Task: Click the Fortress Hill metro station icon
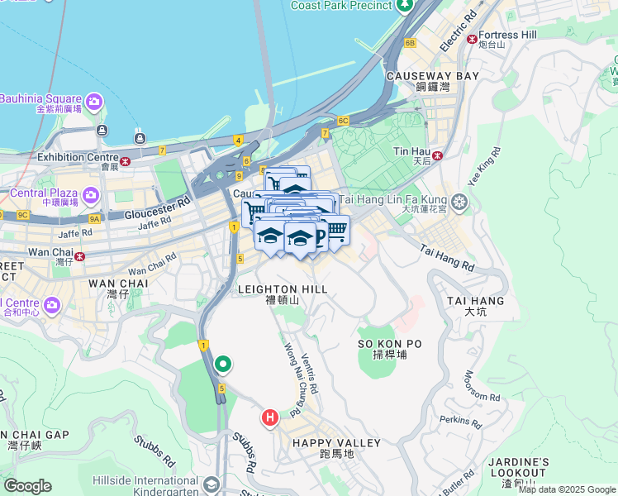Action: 472,38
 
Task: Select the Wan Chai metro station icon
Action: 79,255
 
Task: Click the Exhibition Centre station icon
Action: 126,161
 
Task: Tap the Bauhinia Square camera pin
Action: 93,102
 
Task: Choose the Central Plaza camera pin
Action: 90,196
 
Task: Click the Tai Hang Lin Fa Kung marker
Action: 459,201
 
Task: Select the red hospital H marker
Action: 269,418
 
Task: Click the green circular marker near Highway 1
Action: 223,364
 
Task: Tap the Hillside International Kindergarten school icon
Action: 212,485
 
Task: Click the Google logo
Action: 28,486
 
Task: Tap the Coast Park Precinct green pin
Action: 405,7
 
